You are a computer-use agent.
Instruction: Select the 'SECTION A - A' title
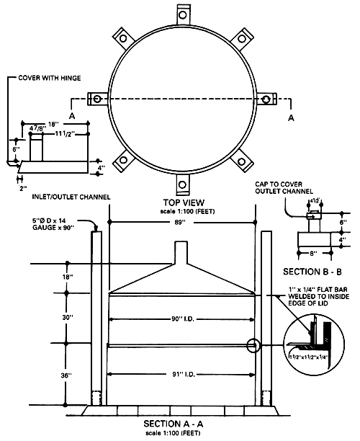181,423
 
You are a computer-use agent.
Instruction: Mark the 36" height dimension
68,375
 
